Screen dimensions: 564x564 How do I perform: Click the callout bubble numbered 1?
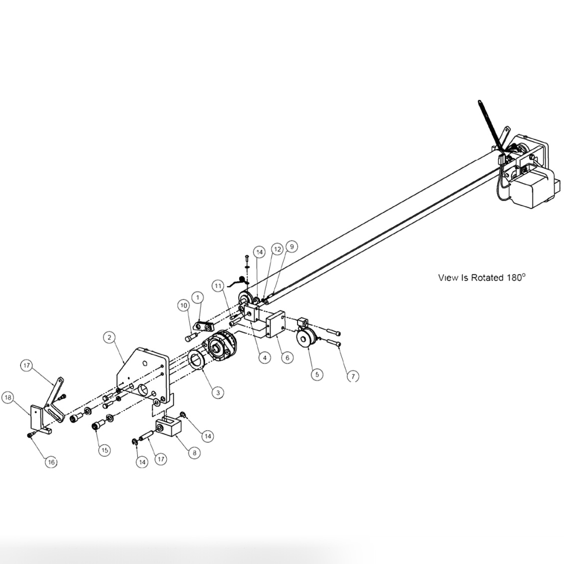coord(198,297)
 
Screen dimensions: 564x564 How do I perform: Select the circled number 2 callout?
coord(109,337)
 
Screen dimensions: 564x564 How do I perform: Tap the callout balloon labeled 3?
coord(217,393)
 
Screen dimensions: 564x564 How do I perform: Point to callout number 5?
coord(316,374)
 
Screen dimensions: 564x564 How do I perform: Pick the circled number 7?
coord(352,376)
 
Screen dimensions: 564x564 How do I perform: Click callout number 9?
coord(292,246)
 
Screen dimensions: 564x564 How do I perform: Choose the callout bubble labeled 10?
coord(183,305)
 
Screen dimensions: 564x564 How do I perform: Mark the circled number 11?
coord(218,286)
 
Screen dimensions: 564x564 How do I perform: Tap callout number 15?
coord(104,450)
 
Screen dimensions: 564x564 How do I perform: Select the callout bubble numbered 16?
coord(51,462)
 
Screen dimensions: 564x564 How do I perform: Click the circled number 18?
coord(7,398)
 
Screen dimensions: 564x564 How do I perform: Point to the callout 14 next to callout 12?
coord(259,252)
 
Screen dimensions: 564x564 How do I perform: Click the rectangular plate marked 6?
coord(275,324)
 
